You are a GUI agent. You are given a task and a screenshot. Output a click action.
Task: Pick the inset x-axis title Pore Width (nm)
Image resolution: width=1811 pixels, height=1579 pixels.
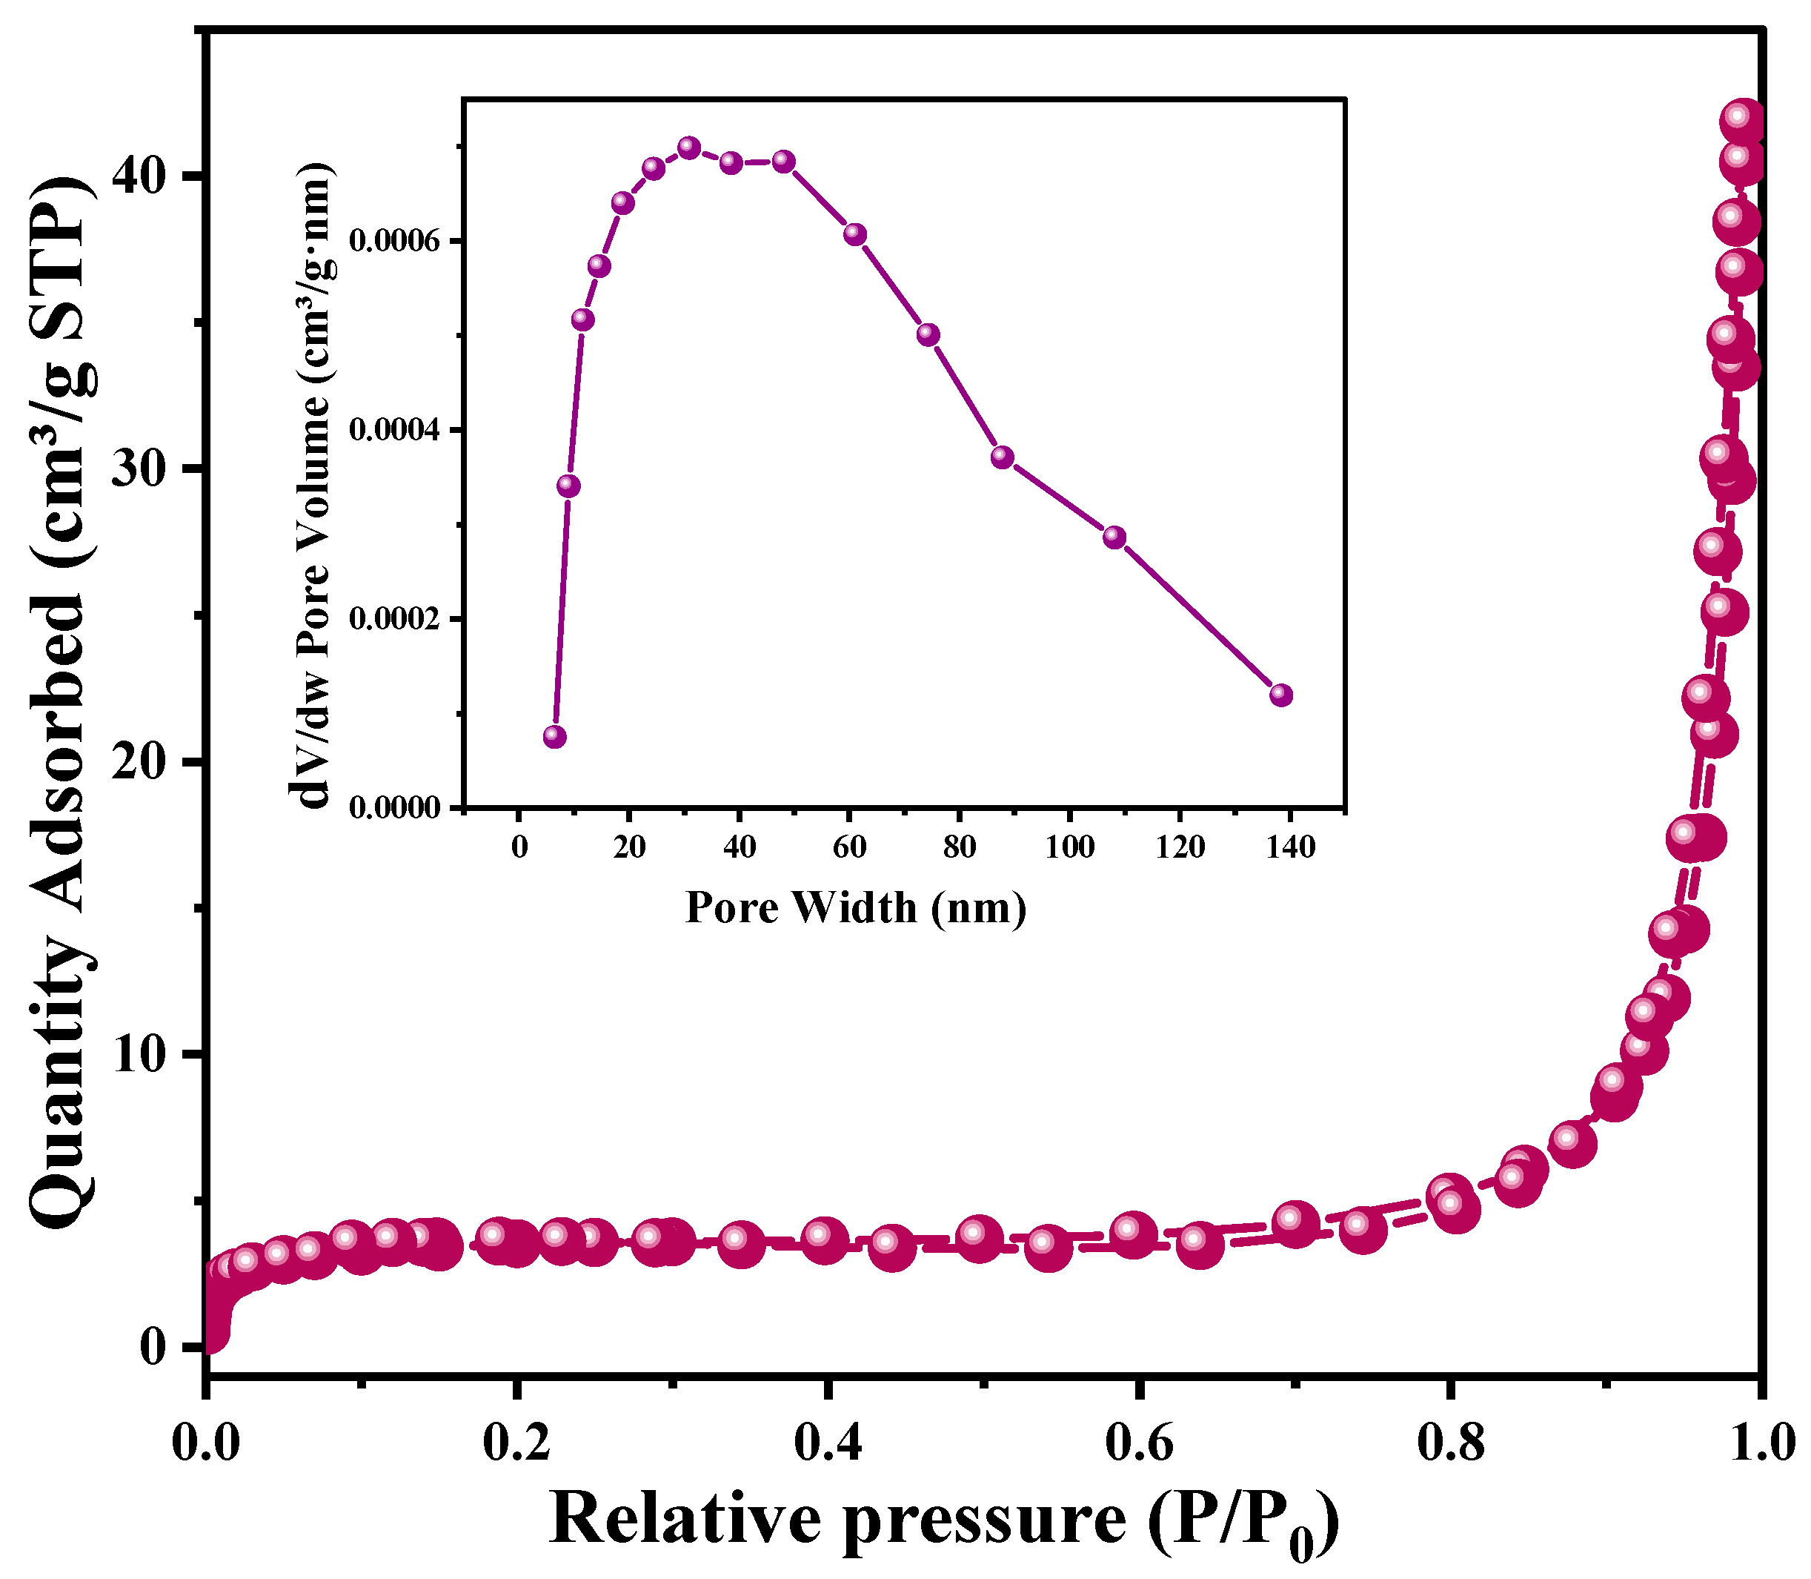(x=855, y=907)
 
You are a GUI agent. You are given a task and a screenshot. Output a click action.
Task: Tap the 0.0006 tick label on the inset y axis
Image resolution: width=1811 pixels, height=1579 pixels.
(x=393, y=242)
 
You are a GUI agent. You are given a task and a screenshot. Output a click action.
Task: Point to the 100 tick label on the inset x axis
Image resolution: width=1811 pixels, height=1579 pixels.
(x=1069, y=847)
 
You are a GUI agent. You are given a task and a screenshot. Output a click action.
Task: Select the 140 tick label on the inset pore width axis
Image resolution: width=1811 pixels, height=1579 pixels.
(x=1289, y=847)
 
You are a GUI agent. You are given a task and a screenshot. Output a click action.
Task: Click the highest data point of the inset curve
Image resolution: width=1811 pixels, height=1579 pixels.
(x=690, y=147)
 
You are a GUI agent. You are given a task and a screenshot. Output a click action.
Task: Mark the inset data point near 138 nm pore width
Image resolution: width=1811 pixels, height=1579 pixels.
(x=1282, y=695)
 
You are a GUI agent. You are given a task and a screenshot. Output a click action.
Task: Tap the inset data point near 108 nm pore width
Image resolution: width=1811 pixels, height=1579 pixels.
(x=1114, y=537)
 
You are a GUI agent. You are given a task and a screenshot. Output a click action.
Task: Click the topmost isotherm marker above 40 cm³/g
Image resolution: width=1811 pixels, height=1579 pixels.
(x=1741, y=119)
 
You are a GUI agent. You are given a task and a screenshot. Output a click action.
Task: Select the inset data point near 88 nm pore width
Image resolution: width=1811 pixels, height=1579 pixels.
(x=1002, y=457)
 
